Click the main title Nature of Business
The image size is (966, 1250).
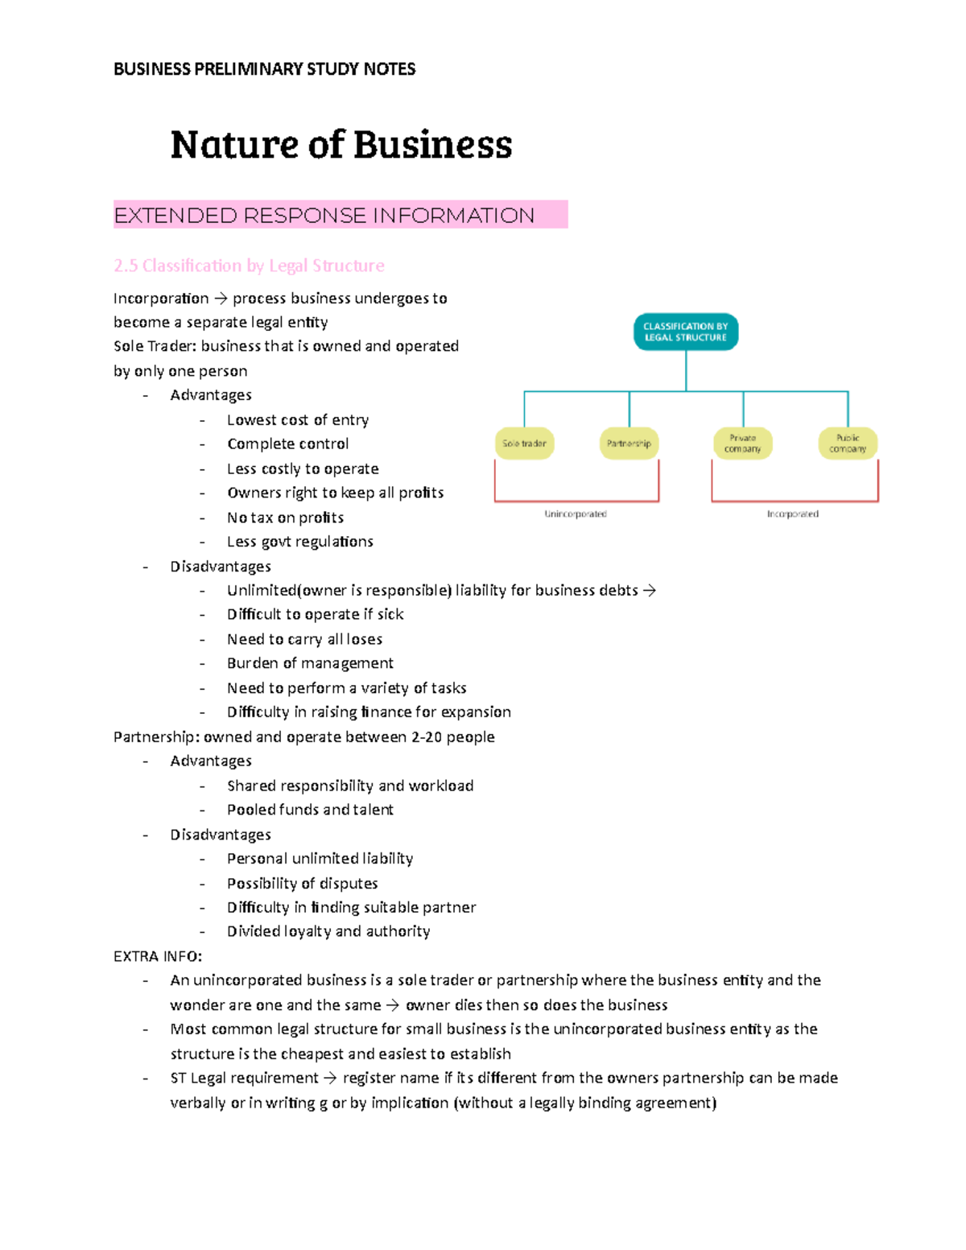coord(341,145)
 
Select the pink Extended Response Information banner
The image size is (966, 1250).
coord(340,215)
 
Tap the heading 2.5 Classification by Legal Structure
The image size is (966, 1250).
coord(249,266)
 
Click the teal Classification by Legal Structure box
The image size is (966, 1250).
coord(686,332)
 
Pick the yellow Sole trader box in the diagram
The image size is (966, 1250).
coord(524,443)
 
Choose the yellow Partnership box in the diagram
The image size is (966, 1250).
coord(629,443)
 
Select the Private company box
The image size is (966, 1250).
coord(742,443)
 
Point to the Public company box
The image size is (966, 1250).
coord(848,443)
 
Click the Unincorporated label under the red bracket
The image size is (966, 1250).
coord(576,514)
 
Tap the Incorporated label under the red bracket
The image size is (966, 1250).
coord(793,514)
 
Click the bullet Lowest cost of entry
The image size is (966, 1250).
coord(298,419)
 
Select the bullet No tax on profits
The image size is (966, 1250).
coord(285,518)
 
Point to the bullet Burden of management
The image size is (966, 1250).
coord(310,663)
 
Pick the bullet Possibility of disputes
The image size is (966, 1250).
coord(302,883)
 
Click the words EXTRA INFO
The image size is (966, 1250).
coord(158,956)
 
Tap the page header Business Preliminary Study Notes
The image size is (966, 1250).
coord(264,69)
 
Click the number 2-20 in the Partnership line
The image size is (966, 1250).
coord(427,736)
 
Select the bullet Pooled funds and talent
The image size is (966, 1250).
coord(310,810)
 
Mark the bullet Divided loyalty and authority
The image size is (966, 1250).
coord(328,931)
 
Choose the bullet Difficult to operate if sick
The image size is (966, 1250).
coord(315,614)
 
